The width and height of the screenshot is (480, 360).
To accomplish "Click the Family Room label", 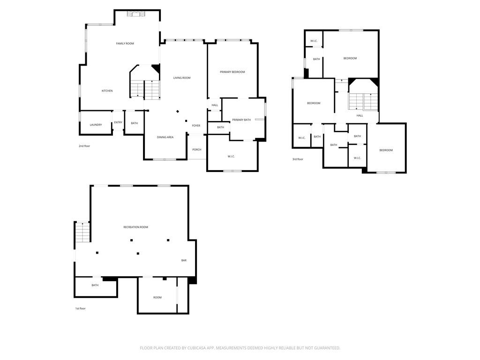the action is coord(125,44).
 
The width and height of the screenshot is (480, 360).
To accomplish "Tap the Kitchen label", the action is coord(107,91).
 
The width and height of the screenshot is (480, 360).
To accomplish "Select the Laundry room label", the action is coord(96,125).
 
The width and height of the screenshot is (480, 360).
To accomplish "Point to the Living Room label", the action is coord(182,78).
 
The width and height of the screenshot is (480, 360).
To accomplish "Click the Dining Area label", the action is coord(165,137).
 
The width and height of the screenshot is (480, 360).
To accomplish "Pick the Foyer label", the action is coord(196,126).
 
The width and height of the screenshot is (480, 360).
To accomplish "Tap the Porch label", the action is coord(197,150).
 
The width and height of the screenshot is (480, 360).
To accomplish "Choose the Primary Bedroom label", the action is coord(232,72).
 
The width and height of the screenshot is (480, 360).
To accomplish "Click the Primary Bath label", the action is coord(241,120).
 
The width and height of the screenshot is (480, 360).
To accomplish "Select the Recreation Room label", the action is coord(135,227).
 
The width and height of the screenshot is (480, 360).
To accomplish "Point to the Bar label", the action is coord(184,261).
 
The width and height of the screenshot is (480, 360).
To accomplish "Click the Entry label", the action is coord(118,122).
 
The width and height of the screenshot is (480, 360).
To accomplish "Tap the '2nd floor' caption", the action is coord(84,146).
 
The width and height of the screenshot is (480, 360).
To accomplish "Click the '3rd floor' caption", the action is coord(298,159).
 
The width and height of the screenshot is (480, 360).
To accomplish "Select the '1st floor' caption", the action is coord(81,308).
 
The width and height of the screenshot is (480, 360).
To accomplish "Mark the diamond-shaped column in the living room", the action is coord(178,112).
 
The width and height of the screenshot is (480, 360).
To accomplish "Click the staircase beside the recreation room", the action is coord(82,232).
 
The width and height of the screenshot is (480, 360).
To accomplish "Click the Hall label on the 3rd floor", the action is coord(360,116).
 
